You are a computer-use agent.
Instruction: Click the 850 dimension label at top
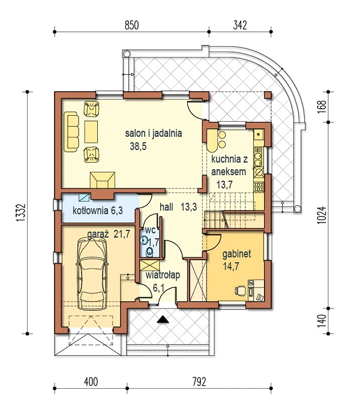tap(131, 25)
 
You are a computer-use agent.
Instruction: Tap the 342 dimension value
tap(240, 25)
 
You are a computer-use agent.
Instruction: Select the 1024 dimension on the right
tap(322, 215)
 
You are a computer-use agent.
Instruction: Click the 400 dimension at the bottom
tap(91, 382)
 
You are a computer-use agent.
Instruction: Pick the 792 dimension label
tap(199, 382)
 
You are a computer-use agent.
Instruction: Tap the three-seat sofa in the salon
tap(71, 131)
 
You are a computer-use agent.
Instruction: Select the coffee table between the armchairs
tap(91, 131)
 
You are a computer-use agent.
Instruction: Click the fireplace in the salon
tap(103, 180)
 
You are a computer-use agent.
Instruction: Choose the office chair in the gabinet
tap(240, 290)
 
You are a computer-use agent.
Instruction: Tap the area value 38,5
tap(138, 146)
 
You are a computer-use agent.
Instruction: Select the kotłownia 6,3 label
tap(98, 211)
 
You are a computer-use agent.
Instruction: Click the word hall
tap(166, 207)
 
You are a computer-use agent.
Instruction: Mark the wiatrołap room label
tap(163, 275)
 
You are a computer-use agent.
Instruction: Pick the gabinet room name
tap(237, 254)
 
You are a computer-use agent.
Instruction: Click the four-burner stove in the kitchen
tap(259, 187)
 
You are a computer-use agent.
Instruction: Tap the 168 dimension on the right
tap(322, 107)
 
